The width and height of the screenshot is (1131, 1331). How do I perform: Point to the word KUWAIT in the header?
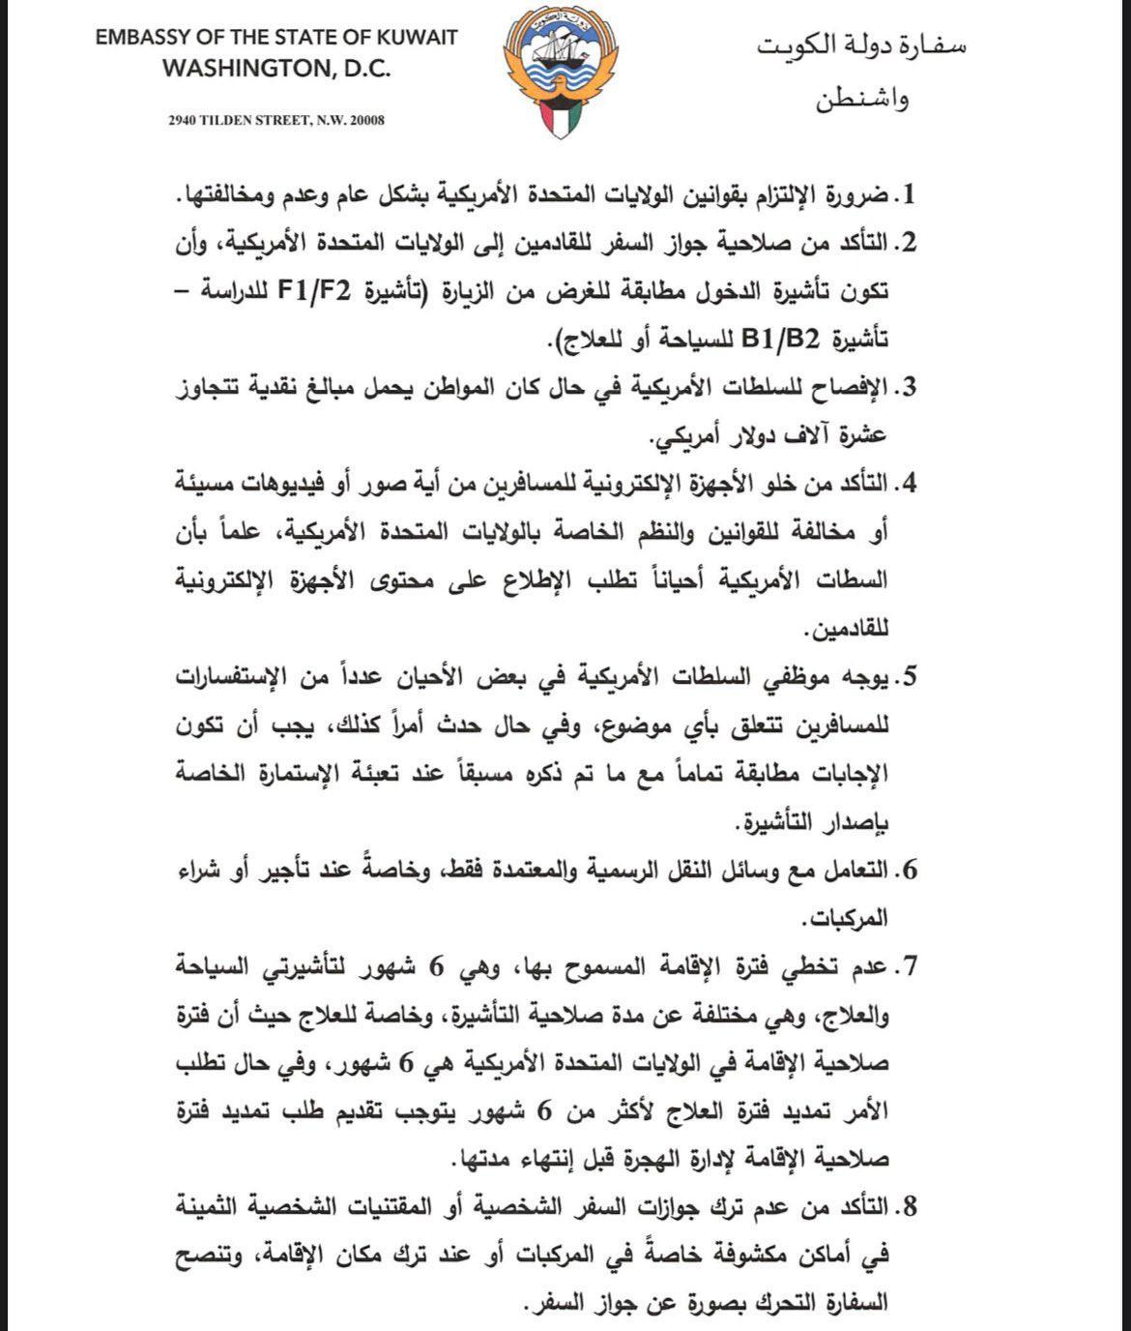(x=415, y=39)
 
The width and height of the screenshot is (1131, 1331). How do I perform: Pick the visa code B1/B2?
(x=781, y=339)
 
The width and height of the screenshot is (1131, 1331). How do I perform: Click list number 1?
(x=908, y=194)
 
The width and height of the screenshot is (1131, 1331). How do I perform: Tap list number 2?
(x=907, y=242)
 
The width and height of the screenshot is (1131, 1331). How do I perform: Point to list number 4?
(x=907, y=485)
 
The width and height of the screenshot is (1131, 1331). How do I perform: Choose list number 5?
(x=907, y=677)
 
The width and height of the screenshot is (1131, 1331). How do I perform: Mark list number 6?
(x=907, y=871)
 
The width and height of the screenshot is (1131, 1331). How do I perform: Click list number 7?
(x=907, y=966)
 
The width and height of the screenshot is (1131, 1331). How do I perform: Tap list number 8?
(x=907, y=1207)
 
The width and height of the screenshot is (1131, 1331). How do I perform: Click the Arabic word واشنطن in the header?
(x=864, y=99)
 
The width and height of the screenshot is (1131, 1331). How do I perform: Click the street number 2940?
(x=183, y=121)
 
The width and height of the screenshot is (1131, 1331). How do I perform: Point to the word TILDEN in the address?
(x=228, y=121)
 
